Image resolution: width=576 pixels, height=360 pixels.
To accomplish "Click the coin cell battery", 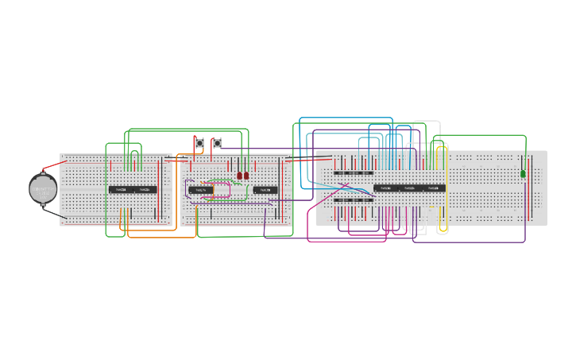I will click(x=43, y=189).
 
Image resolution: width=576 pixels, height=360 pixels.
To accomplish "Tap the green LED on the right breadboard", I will click(x=523, y=173).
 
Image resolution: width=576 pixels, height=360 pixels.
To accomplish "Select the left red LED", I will click(x=239, y=176).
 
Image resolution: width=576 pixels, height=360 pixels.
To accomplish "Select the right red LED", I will click(x=246, y=176).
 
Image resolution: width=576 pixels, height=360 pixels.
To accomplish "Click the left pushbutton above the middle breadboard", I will click(x=199, y=143).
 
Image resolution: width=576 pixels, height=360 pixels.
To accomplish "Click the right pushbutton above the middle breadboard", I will click(x=216, y=143).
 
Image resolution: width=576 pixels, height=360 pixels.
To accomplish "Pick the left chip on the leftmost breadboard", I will click(x=121, y=190).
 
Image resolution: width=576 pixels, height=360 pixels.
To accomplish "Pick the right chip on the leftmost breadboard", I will click(x=145, y=190).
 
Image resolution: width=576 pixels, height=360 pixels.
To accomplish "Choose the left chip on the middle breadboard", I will click(x=200, y=190).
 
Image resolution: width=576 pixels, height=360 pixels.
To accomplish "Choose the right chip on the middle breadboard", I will click(x=265, y=190).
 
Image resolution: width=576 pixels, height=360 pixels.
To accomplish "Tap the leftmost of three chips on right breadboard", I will click(x=385, y=188).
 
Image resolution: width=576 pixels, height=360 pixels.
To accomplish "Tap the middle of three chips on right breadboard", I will click(x=409, y=188).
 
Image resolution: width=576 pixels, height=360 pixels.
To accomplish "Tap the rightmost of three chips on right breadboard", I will click(x=433, y=188).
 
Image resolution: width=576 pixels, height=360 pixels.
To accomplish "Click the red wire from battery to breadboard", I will click(x=54, y=165).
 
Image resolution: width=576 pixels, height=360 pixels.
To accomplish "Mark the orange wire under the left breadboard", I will click(x=151, y=237).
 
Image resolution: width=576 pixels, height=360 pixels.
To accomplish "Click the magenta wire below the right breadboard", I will click(x=342, y=241).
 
